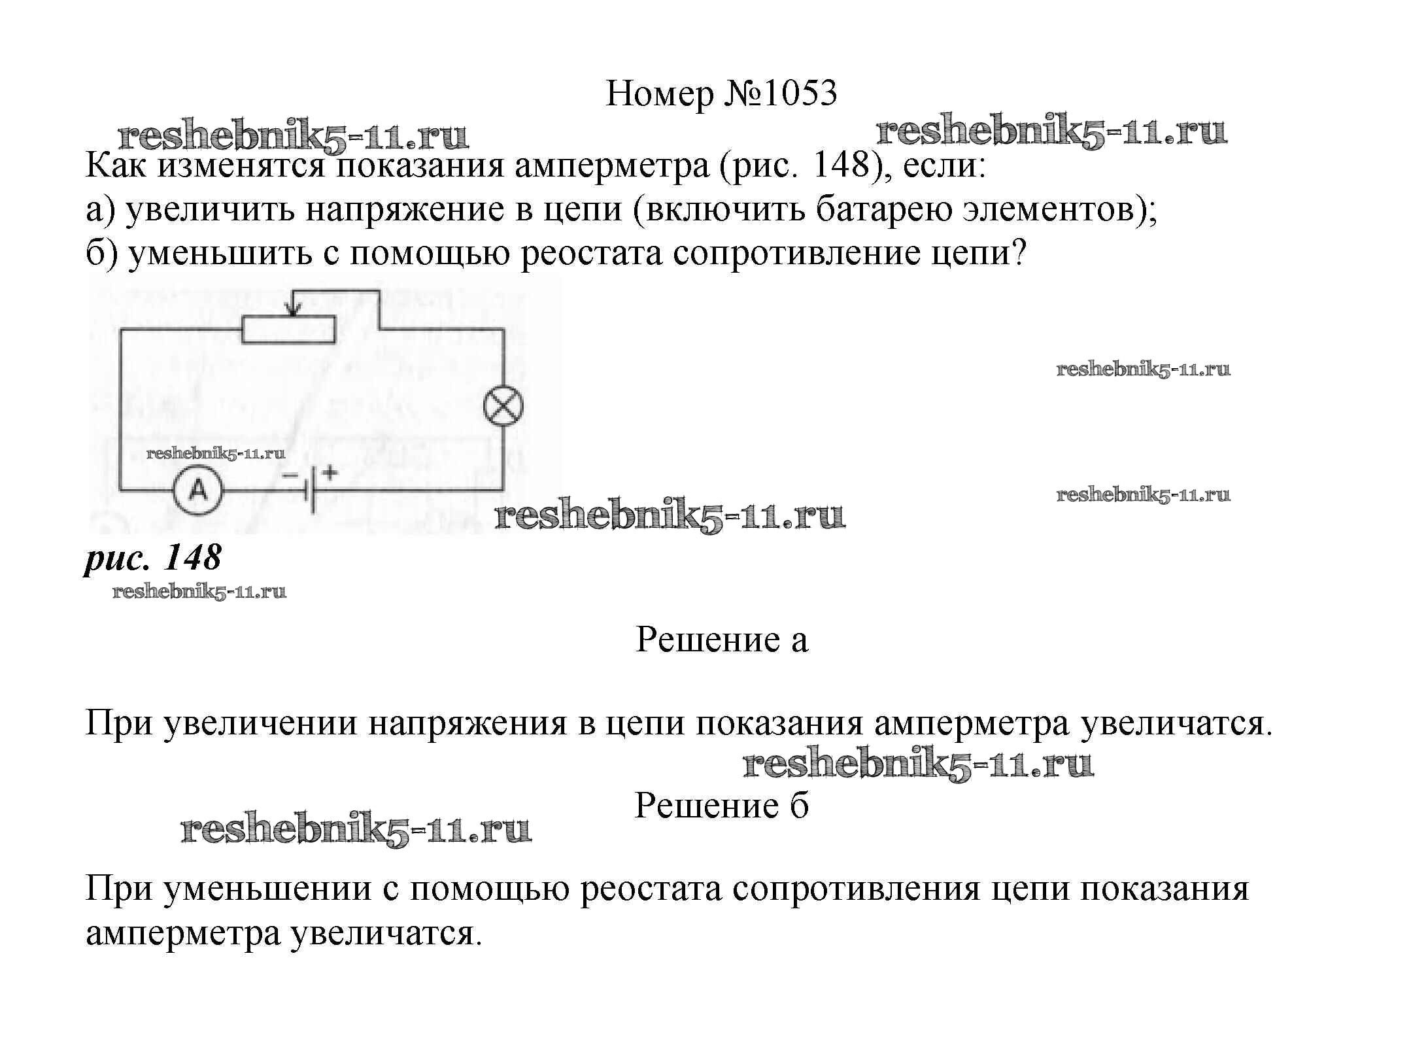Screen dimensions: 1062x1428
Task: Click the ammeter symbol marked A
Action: coord(197,490)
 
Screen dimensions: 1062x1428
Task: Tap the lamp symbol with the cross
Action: coord(503,406)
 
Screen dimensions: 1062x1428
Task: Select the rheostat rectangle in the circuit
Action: coord(288,329)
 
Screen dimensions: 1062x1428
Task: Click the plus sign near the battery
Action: coord(330,471)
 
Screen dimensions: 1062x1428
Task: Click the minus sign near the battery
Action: coord(290,475)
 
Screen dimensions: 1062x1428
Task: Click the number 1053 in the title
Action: coord(799,94)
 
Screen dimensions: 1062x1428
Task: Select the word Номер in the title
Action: coord(660,94)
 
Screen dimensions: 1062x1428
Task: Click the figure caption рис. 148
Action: coord(153,558)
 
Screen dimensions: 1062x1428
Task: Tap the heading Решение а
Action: coord(721,639)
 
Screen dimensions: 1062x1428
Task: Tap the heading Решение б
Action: coord(721,806)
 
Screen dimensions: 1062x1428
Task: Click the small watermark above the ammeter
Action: coord(216,454)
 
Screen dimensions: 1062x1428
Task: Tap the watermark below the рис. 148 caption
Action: coord(199,592)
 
